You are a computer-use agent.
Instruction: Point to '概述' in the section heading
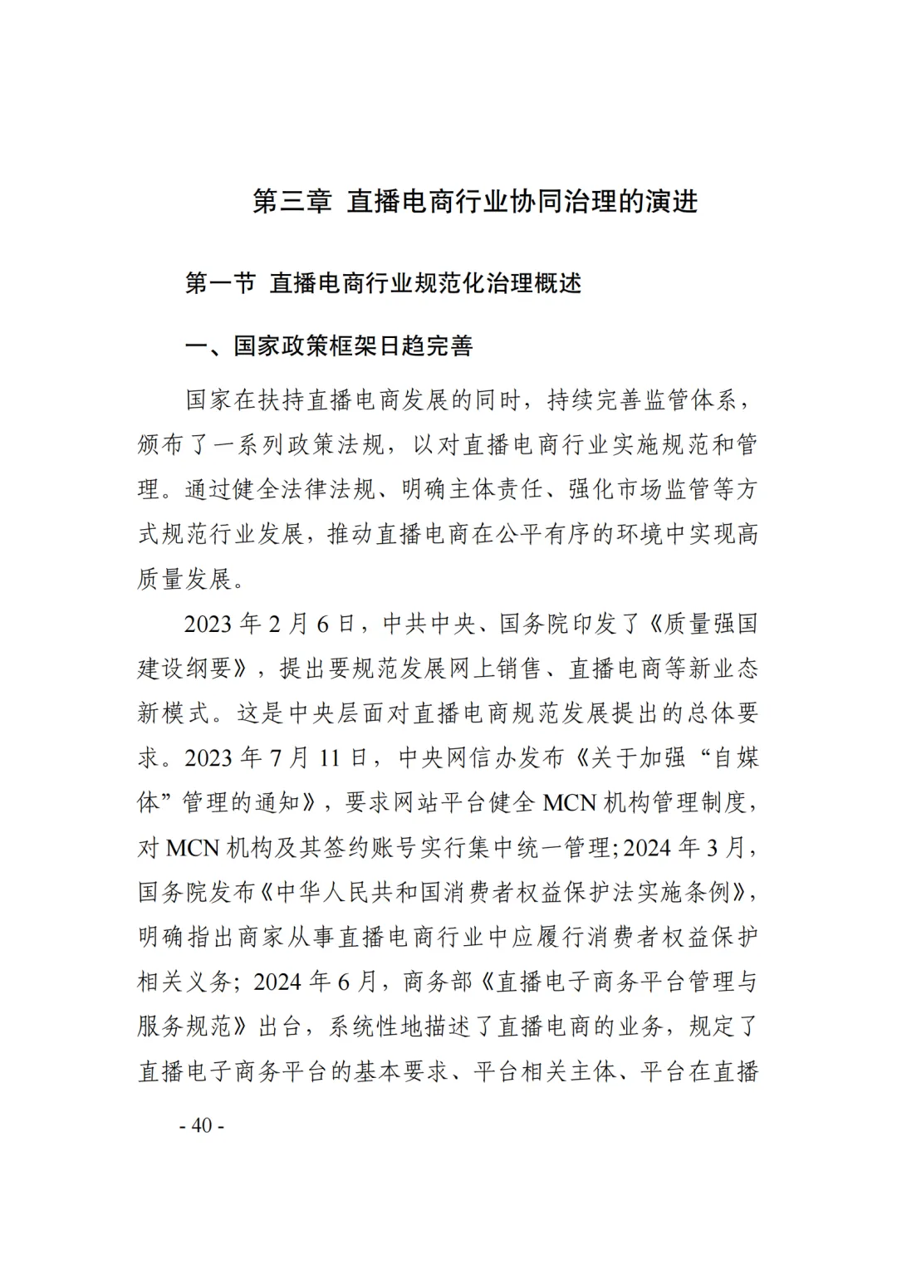coord(557,283)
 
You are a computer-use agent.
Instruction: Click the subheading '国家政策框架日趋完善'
coord(353,346)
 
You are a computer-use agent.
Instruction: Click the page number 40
coord(203,1126)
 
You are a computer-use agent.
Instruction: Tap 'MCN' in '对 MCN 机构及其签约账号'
coord(193,848)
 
